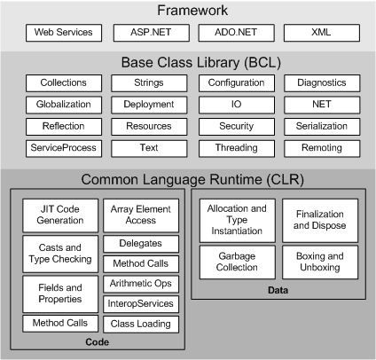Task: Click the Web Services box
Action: [x=64, y=33]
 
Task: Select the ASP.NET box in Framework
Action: [x=147, y=33]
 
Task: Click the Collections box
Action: [x=63, y=82]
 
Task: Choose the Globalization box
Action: [x=63, y=105]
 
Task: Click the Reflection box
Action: [x=63, y=127]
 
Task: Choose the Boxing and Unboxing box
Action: [x=320, y=262]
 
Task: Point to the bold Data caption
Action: [x=277, y=290]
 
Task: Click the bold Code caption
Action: [x=97, y=341]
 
